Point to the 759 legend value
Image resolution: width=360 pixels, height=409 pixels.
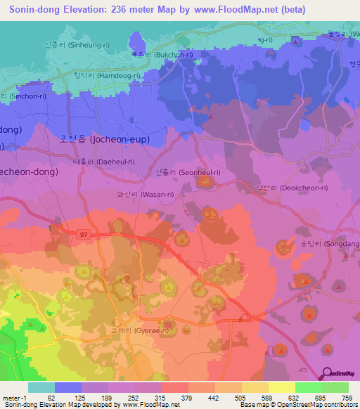(x=346, y=398)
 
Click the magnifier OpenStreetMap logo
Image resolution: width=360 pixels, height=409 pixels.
(x=328, y=374)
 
